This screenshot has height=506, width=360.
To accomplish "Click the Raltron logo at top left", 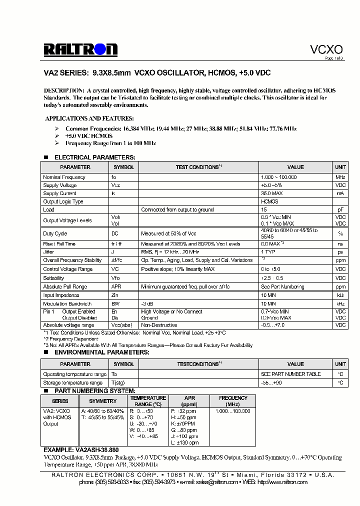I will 80,49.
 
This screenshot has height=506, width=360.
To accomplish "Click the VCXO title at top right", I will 326,49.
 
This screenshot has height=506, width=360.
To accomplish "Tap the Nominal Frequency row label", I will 64,177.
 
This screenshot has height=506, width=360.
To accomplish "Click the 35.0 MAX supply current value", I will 271,193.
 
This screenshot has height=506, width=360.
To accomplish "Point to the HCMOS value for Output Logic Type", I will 269,201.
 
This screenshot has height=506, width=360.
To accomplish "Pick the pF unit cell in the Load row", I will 340,210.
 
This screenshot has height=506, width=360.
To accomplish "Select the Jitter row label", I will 48,252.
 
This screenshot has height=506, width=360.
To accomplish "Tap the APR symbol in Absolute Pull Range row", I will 116,287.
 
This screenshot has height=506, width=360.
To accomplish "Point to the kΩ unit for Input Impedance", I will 340,295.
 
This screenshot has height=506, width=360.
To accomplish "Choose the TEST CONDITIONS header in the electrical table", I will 198,167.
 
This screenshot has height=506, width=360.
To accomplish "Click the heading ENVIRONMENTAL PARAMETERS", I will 101,352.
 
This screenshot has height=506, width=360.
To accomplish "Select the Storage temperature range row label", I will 72,382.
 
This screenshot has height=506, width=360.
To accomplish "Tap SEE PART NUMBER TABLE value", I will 290,374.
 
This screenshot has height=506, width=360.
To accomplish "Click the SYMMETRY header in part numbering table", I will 102,401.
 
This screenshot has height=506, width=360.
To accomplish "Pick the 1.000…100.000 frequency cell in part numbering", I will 232,410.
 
